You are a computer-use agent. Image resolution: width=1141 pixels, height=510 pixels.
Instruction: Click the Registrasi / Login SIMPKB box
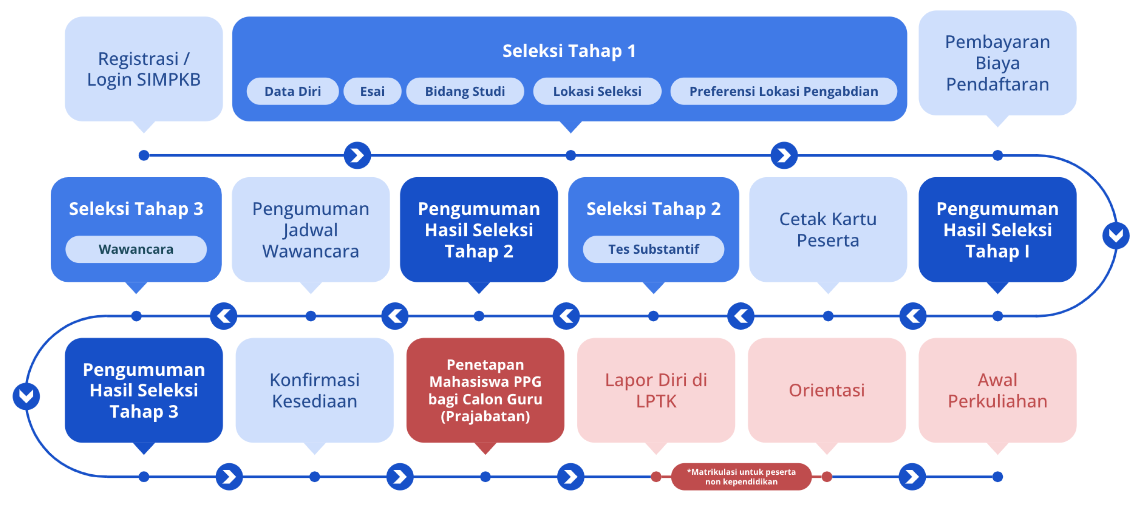tap(144, 69)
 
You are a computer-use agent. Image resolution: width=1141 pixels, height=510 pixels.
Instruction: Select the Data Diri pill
tap(292, 91)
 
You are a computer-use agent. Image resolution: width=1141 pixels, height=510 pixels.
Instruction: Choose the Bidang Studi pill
tap(465, 91)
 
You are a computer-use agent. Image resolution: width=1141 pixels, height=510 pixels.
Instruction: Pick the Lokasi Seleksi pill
tap(597, 91)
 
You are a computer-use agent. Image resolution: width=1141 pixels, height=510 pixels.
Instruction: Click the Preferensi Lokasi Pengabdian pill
tap(784, 91)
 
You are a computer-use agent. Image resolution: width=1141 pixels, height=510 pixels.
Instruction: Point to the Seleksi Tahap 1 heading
tap(569, 51)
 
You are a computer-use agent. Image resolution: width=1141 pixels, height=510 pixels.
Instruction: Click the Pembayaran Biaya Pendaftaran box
tap(997, 63)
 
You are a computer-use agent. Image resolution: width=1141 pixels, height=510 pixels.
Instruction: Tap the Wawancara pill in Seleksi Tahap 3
tap(136, 249)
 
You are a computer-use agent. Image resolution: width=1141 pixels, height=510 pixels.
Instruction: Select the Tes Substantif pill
tap(653, 249)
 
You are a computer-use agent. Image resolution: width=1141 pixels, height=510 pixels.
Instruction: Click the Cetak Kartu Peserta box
tap(828, 229)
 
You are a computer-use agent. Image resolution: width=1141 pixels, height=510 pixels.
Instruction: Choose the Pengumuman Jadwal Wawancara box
tap(310, 229)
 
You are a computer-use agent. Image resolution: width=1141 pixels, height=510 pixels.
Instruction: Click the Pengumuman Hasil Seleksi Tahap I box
tap(997, 229)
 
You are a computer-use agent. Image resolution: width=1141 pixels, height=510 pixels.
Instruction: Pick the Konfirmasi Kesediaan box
tap(314, 390)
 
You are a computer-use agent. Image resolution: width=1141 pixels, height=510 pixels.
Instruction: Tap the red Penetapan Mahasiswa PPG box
tap(485, 390)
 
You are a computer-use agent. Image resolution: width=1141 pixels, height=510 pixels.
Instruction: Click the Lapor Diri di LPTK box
tap(656, 390)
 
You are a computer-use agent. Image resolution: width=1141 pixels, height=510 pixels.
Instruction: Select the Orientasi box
tap(827, 390)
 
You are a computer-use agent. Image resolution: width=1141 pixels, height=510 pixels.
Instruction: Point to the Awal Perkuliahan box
tap(997, 390)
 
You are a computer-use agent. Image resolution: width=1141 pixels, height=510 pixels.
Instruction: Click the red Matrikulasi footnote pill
tap(741, 477)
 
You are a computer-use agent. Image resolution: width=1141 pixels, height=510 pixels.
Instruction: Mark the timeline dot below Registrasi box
tap(144, 155)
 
